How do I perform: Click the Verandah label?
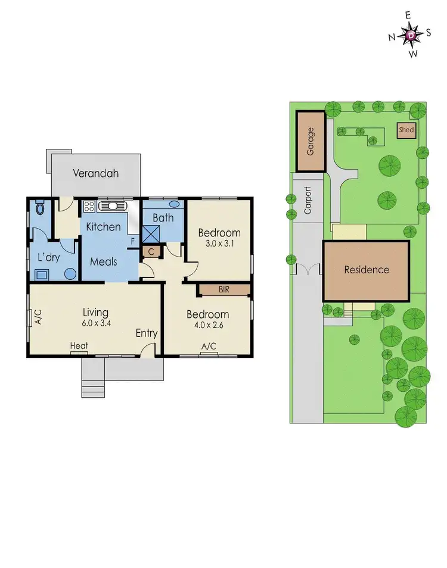click(96, 174)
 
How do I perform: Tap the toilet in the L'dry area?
click(40, 209)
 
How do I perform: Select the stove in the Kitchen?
click(89, 207)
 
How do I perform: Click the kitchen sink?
click(111, 207)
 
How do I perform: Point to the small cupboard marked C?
click(151, 252)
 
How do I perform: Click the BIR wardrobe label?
click(224, 289)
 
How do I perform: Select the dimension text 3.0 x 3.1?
click(219, 244)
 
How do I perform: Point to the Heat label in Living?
click(79, 346)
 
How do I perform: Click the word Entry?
click(146, 333)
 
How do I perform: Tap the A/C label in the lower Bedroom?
click(208, 347)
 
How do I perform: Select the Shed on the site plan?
click(406, 130)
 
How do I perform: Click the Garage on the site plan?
click(311, 142)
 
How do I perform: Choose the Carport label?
click(308, 200)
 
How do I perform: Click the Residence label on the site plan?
click(366, 270)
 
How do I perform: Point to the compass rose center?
click(411, 36)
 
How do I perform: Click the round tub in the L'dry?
click(70, 274)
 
